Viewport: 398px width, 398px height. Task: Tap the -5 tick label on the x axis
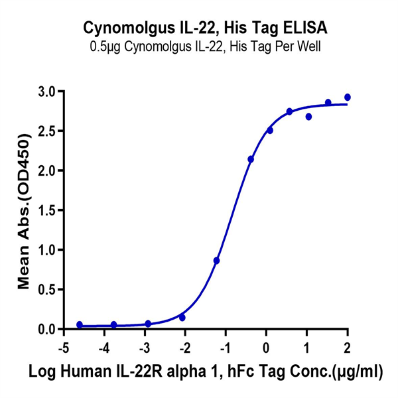click(63, 348)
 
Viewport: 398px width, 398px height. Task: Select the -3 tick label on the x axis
click(144, 348)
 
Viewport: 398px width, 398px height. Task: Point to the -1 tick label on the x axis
click(225, 348)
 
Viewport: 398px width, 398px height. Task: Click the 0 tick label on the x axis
click(267, 348)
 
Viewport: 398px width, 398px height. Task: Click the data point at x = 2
click(348, 98)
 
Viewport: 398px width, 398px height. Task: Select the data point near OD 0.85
click(217, 261)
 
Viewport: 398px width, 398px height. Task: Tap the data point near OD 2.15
click(251, 159)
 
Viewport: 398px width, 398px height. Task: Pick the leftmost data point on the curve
click(80, 325)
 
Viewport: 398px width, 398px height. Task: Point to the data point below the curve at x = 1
click(308, 117)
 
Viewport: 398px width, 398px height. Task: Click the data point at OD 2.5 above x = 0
click(270, 130)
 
